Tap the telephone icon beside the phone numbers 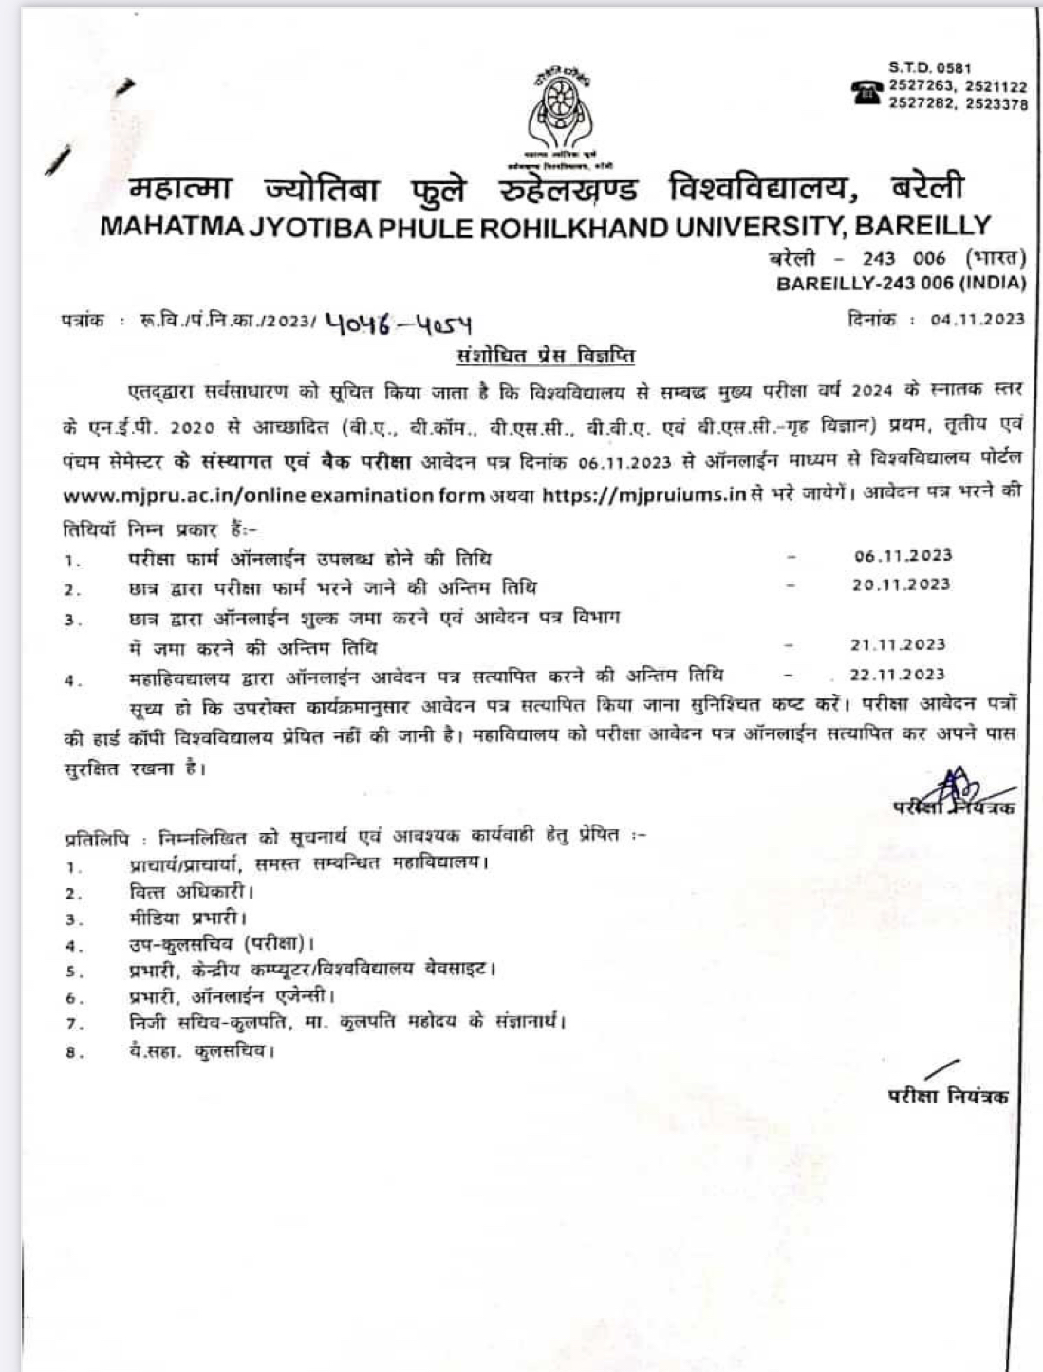[x=866, y=92]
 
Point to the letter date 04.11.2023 [x=978, y=320]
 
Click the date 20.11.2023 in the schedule [x=901, y=584]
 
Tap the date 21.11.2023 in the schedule [x=898, y=645]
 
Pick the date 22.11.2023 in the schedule [x=898, y=675]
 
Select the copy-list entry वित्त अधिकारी [x=191, y=892]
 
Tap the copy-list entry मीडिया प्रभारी [x=188, y=918]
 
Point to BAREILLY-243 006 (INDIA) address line [x=901, y=283]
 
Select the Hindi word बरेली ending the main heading [x=927, y=187]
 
